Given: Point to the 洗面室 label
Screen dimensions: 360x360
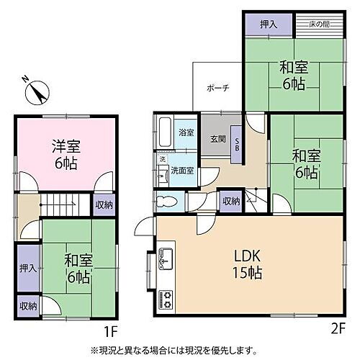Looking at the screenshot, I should click(x=181, y=171).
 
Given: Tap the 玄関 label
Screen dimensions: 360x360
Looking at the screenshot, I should click(x=217, y=139).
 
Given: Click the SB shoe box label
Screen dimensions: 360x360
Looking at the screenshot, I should click(x=237, y=143).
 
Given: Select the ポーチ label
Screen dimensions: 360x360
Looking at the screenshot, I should click(x=217, y=88).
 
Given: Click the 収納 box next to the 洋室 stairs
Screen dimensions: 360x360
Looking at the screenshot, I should click(x=103, y=205).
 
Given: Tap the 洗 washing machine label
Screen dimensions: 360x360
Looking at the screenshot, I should click(x=162, y=158).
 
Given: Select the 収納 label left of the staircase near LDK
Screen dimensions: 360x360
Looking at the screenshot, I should click(x=230, y=202).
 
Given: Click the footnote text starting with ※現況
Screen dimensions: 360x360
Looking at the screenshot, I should click(x=172, y=351).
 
